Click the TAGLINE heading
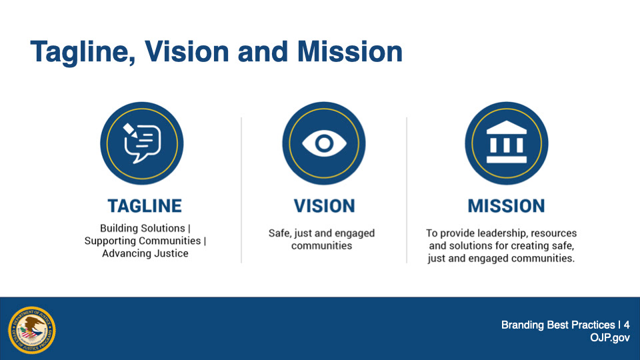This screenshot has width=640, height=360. [145, 206]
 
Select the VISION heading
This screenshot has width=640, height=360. [324, 206]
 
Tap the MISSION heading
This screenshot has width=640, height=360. [506, 206]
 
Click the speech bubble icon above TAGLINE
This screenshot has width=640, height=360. [141, 143]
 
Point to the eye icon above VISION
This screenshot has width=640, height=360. [324, 143]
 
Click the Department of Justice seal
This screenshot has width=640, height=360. [32, 330]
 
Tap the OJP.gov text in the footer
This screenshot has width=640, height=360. [610, 338]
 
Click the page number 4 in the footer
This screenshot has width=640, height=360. [627, 325]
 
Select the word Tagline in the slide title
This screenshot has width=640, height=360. [83, 52]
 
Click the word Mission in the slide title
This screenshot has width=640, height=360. [350, 51]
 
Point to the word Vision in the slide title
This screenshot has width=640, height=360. [187, 51]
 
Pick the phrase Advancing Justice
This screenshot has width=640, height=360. [145, 253]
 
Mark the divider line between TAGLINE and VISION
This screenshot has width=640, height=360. [241, 190]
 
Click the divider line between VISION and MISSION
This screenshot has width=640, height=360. [407, 190]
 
